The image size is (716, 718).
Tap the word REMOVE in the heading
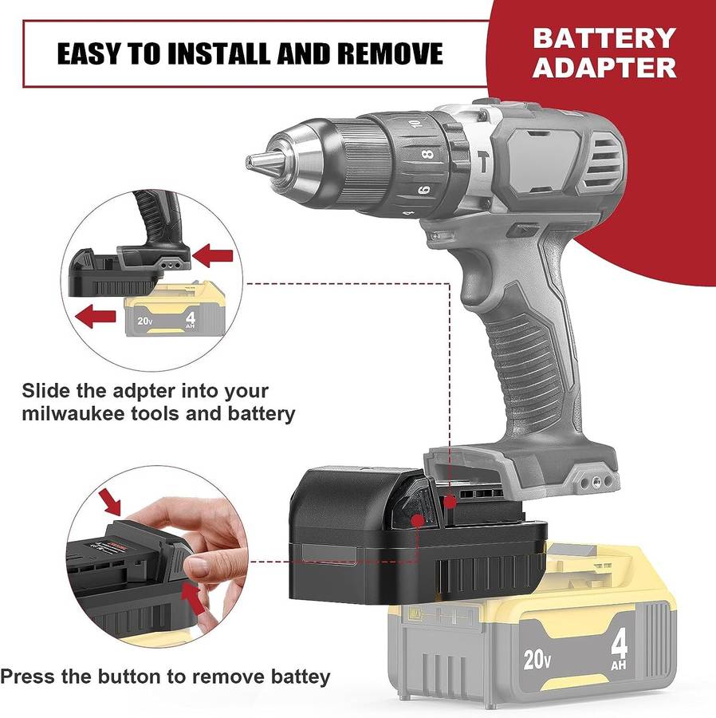pos(390,53)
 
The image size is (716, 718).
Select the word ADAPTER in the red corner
pos(604,68)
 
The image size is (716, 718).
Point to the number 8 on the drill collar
pos(428,154)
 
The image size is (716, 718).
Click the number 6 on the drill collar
pos(424,188)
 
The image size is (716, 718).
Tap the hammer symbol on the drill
pos(483,162)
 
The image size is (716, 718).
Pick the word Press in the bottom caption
pos(27,677)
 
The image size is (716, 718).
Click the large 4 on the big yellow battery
pos(619,645)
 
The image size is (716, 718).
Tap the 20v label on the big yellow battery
pos(537,659)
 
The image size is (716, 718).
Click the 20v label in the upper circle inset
pos(144,321)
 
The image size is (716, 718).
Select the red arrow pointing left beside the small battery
pos(96,317)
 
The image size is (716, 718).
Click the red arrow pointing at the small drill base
pos(213,255)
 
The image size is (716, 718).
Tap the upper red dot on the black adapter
pos(450,502)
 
